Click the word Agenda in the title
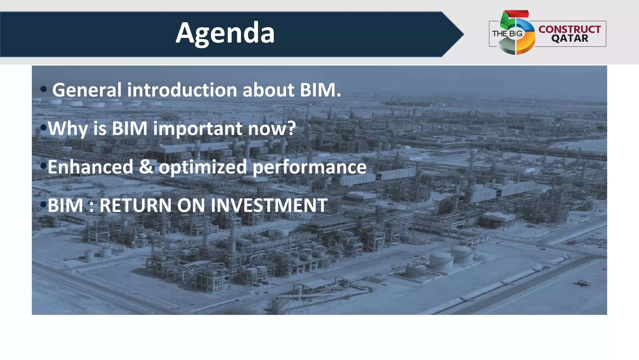225,33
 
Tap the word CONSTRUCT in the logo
569,29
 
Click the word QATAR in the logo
570,39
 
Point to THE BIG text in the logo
507,34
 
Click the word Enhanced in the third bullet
90,167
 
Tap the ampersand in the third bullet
146,167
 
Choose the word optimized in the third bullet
203,167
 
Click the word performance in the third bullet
309,167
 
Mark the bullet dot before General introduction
43,89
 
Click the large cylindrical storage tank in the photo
441,261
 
